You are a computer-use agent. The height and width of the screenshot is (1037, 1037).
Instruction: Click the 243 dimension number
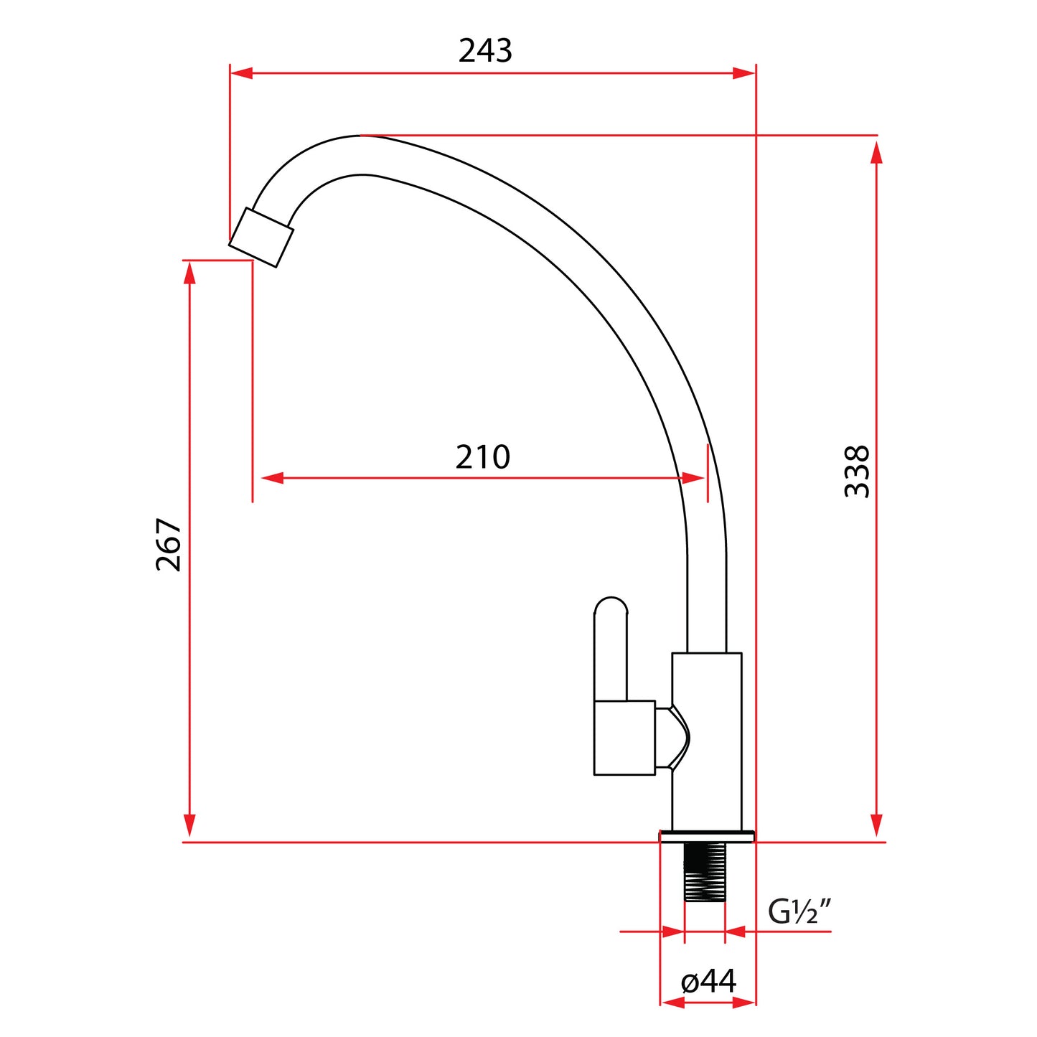click(x=485, y=51)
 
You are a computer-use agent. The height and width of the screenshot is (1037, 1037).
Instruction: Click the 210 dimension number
click(x=483, y=457)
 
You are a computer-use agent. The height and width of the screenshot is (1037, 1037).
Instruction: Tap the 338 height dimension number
click(x=857, y=471)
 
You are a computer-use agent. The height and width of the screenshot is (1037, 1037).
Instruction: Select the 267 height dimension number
click(x=169, y=545)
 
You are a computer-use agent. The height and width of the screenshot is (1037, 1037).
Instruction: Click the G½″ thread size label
click(x=799, y=911)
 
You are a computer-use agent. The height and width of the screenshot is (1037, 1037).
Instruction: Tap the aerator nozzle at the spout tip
click(x=261, y=238)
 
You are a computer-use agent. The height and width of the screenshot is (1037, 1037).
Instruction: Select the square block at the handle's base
click(x=624, y=738)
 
